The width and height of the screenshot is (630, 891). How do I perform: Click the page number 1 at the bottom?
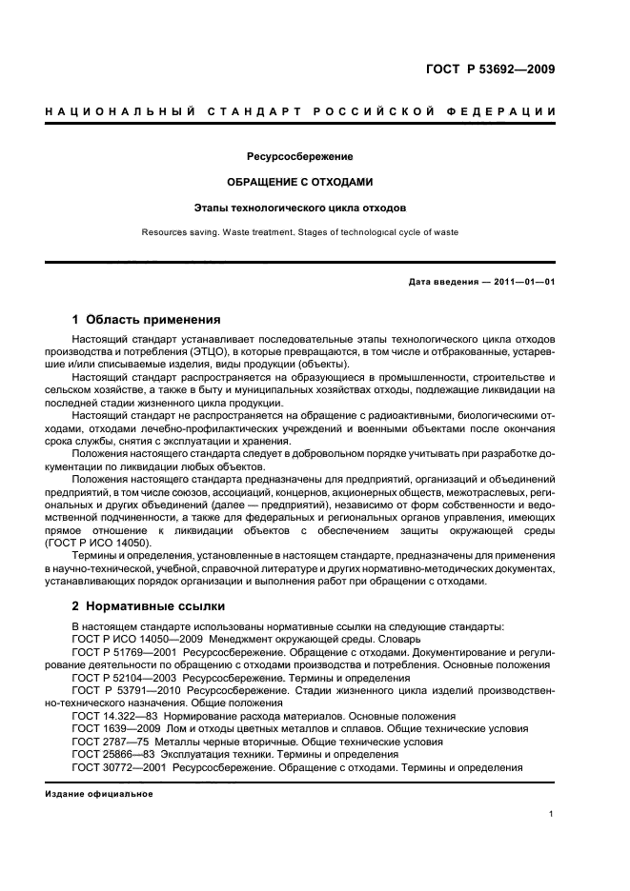tap(552, 814)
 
